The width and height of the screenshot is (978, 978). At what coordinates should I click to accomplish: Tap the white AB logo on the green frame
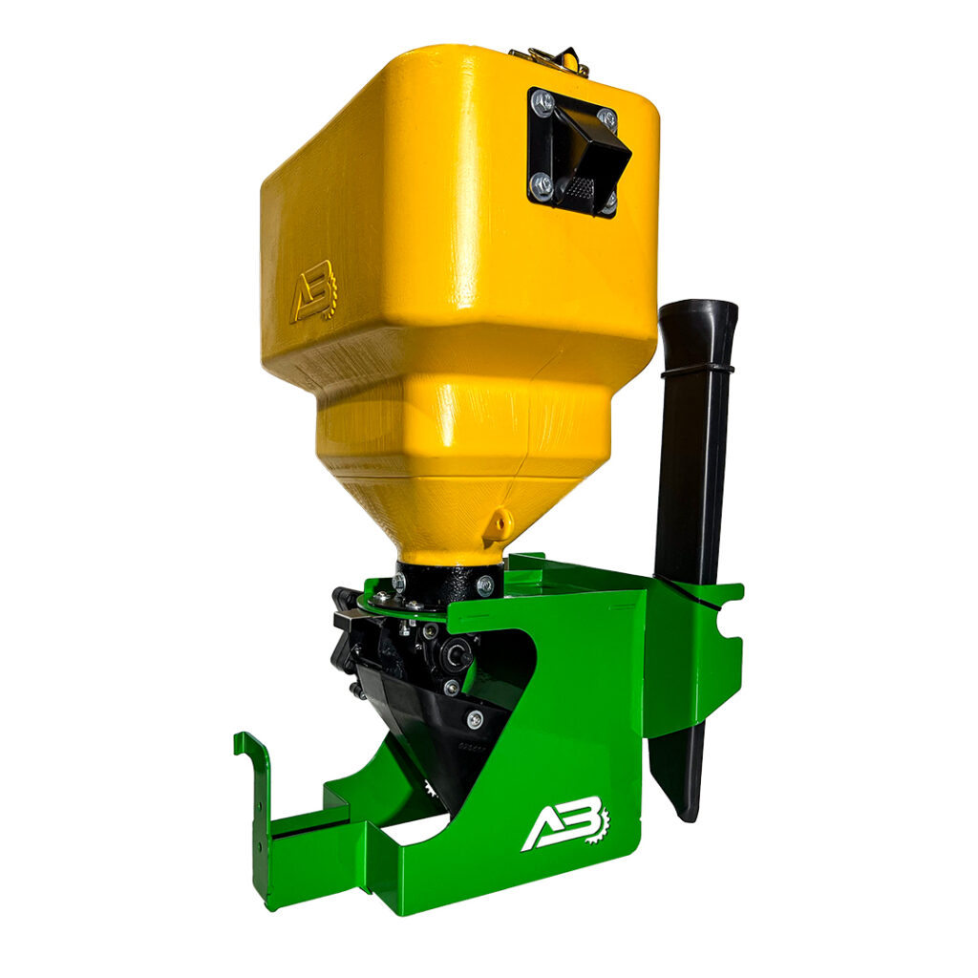(x=565, y=822)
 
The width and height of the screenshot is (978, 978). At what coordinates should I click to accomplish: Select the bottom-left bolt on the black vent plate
(x=541, y=184)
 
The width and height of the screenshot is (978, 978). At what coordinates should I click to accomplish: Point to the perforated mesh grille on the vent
(x=579, y=186)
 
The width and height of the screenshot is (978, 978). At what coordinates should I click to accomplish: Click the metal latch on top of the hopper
(x=549, y=58)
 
